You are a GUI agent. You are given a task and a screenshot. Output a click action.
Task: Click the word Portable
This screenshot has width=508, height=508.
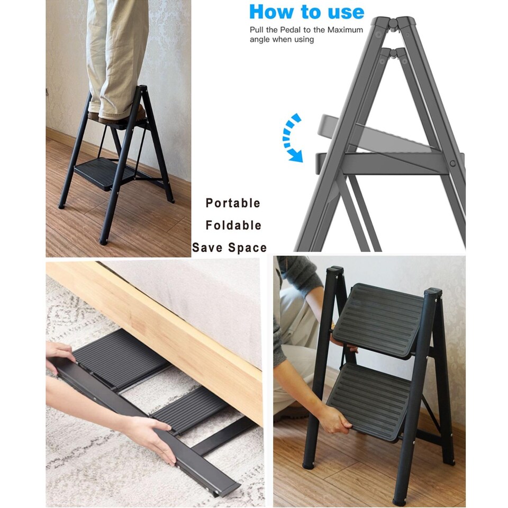pos(233,203)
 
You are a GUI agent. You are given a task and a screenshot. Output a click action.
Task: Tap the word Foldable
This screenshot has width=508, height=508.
pos(233,225)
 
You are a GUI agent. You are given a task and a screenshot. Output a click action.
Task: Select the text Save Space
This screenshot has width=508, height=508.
pos(229,248)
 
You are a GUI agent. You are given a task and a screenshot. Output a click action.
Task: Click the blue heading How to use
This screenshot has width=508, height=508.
pos(306,12)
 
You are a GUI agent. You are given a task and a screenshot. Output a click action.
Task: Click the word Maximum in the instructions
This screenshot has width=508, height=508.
pos(345,30)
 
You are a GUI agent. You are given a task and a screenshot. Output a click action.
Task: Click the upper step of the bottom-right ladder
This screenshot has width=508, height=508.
pos(379,319)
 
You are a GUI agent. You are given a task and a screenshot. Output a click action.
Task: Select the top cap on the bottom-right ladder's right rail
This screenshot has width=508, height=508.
pos(432,292)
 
